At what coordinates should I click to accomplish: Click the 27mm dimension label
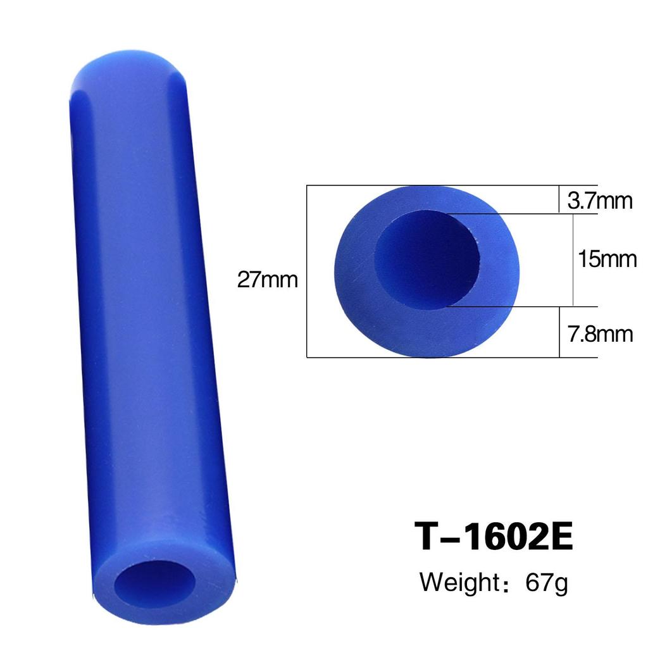coord(267,279)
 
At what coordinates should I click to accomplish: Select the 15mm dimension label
coord(606,259)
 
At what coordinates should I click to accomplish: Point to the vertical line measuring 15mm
coord(573,259)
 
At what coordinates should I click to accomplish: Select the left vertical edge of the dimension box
coord(307,272)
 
